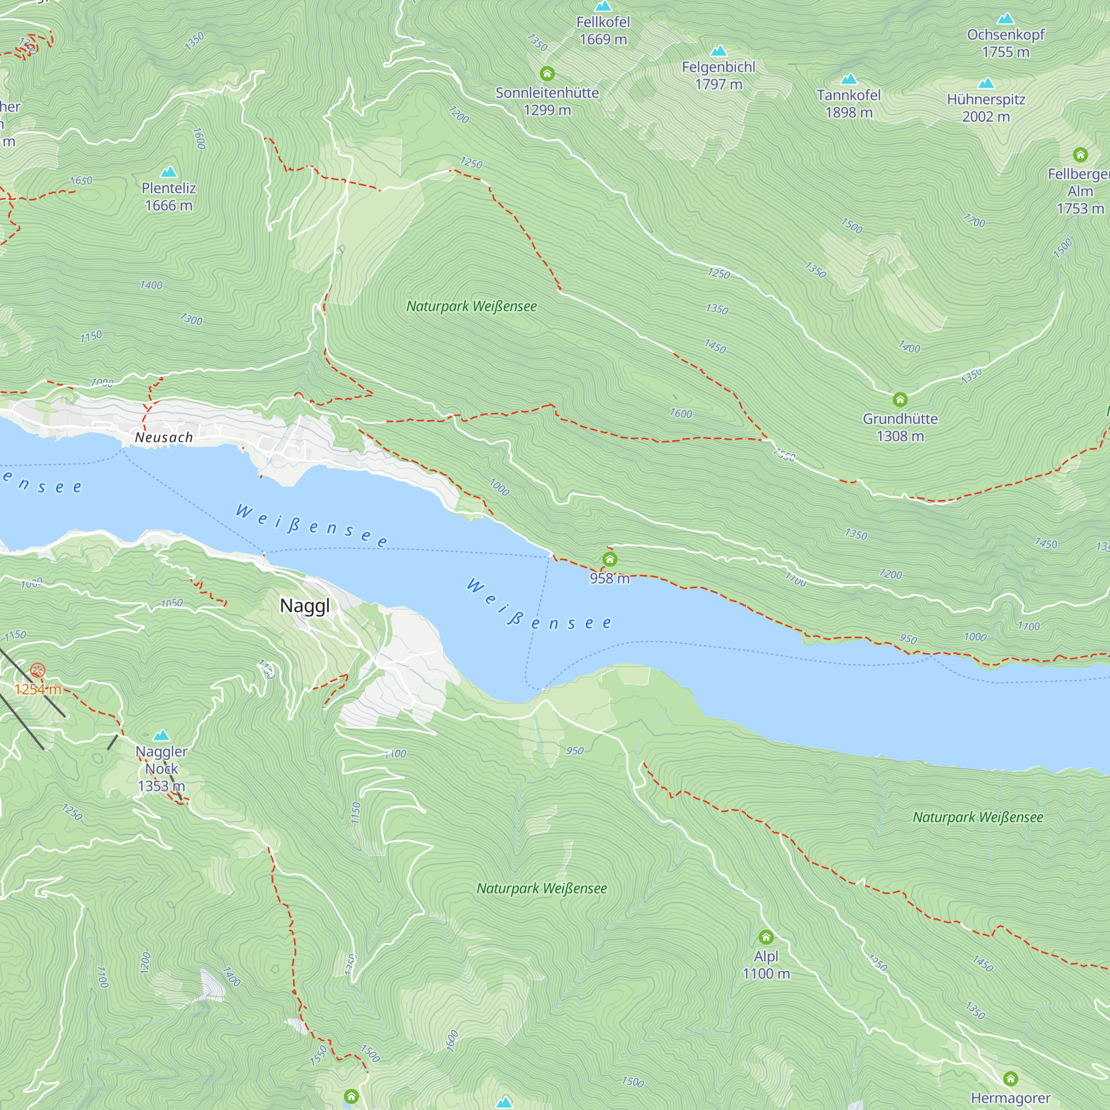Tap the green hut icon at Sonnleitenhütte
[x=547, y=74]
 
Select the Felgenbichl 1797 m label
[x=718, y=76]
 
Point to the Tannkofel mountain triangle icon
[x=849, y=79]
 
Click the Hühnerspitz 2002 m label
[x=986, y=108]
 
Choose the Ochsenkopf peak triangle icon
[x=1006, y=19]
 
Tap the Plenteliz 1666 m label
[x=168, y=196]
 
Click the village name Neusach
[x=164, y=438]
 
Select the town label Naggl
[x=305, y=606]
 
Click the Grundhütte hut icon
[x=900, y=399]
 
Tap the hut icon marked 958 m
[x=609, y=559]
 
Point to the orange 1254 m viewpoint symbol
[x=38, y=670]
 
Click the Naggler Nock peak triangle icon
[x=162, y=735]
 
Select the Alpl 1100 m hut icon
[x=766, y=937]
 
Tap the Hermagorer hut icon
[x=1011, y=1078]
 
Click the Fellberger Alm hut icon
[x=1080, y=154]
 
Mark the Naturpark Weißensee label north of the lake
[x=471, y=306]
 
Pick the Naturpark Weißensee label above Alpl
[x=541, y=889]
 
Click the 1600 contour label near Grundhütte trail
[x=680, y=413]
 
